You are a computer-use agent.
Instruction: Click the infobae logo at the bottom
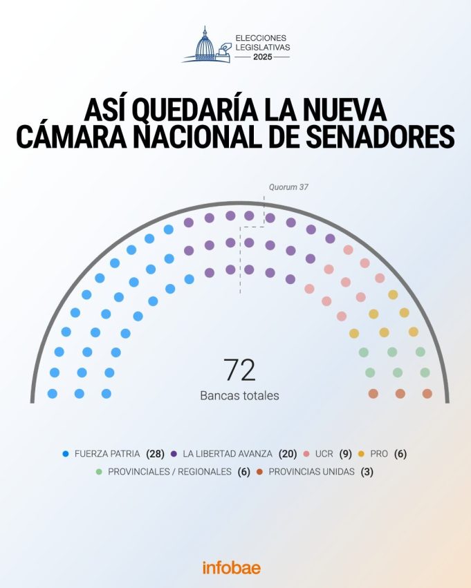coord(232,567)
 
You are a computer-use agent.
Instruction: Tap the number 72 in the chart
coord(239,371)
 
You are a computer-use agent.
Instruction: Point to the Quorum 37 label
coord(288,187)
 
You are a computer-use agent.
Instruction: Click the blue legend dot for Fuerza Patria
coord(66,454)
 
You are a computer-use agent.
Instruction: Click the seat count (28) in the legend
coord(155,454)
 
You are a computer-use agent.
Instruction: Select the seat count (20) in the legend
coord(288,454)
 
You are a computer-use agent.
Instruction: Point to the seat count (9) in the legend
coord(345,454)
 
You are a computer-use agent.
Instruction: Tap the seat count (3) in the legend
coord(367,472)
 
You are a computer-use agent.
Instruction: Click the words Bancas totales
coord(239,396)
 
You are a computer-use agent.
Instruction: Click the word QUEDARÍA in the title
coord(198,110)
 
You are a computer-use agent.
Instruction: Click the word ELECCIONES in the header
coord(261,37)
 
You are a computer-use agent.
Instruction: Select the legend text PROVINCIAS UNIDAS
coord(311,472)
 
